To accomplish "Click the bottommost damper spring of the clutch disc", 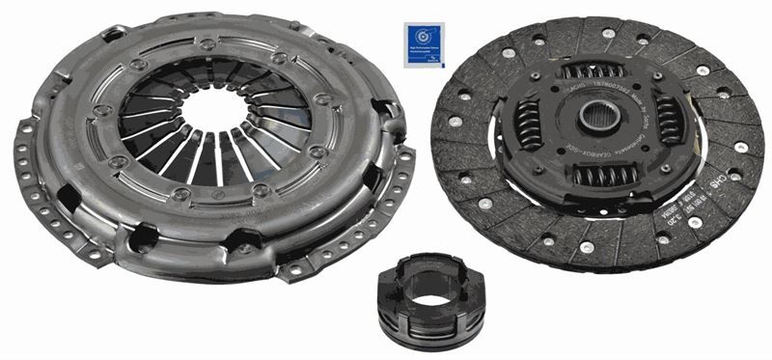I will coord(599,178).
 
